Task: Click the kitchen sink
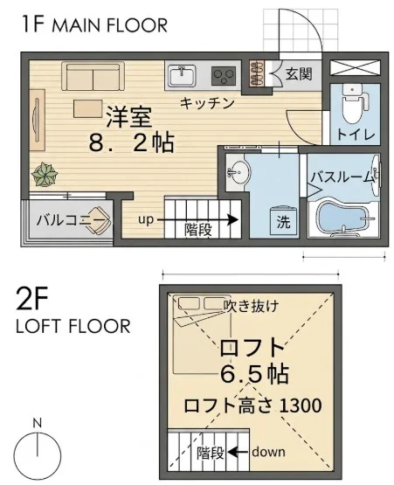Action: tap(181, 76)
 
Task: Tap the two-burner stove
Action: tap(224, 76)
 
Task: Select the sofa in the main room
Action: tap(93, 76)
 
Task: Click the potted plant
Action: tap(45, 175)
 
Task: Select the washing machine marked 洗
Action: tap(283, 220)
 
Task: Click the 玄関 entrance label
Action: tap(298, 74)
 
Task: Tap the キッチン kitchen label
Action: tap(206, 103)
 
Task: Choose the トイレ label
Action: tap(356, 135)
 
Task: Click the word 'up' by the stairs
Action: tap(145, 220)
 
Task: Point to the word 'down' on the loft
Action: tap(268, 452)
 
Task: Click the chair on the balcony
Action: tap(99, 220)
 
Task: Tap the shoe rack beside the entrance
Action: tap(258, 73)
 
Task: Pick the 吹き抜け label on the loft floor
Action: tap(251, 306)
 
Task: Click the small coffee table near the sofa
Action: tap(88, 108)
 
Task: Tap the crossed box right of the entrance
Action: tap(354, 68)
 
